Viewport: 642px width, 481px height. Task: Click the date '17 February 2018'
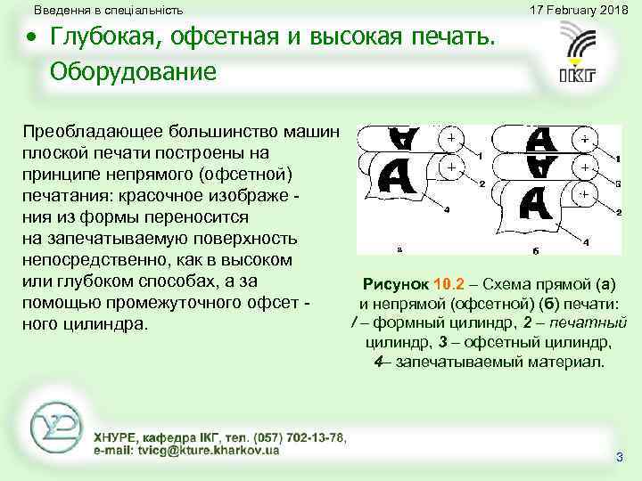point(578,10)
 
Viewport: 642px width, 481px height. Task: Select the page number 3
point(620,457)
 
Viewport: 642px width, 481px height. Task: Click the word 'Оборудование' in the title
point(133,70)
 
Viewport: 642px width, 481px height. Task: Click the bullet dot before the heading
point(32,39)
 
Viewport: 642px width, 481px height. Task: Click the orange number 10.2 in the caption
point(449,285)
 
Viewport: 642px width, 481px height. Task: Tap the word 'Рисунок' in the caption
point(396,285)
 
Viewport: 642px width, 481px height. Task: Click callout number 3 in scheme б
point(616,182)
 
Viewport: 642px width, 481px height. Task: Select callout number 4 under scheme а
point(447,209)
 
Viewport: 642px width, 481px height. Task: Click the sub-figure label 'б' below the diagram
point(535,251)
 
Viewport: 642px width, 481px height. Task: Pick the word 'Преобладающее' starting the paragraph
point(79,131)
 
